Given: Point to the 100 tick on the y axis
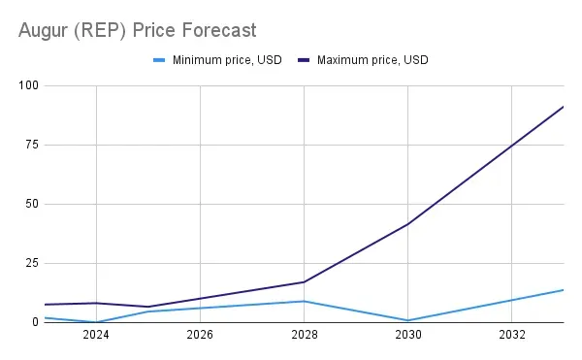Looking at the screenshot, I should (x=28, y=85).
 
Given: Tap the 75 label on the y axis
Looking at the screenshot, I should (x=31, y=145).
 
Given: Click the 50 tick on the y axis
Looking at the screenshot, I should (x=31, y=204).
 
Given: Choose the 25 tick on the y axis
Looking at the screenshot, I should (x=31, y=263).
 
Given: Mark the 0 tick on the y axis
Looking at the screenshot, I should (x=35, y=322).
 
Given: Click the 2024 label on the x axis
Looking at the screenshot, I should (x=96, y=336).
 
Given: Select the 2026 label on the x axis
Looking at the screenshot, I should (x=200, y=336).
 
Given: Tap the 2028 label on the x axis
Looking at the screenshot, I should (x=305, y=336).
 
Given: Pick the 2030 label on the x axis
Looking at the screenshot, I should (x=408, y=336).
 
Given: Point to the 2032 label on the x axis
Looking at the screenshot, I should (x=512, y=336).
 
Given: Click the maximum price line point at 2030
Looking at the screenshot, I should (x=408, y=224).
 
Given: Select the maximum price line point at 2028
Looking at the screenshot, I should (x=305, y=281).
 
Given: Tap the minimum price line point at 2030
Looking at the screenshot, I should (x=408, y=320).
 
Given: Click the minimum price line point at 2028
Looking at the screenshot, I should (x=305, y=301).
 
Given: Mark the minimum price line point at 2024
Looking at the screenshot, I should (x=96, y=322).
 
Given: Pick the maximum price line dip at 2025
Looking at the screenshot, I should (x=147, y=307).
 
